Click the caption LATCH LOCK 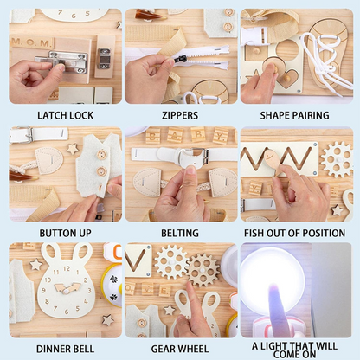tap(66, 115)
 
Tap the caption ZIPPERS tap(180, 115)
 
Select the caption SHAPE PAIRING tap(294, 115)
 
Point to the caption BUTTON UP tap(66, 233)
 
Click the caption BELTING tap(180, 233)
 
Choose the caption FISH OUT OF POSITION tap(294, 233)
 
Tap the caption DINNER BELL tap(66, 349)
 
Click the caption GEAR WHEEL tap(180, 349)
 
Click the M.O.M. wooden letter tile tap(32, 43)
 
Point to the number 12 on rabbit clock tap(67, 268)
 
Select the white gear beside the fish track tap(337, 159)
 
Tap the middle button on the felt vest tap(101, 171)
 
